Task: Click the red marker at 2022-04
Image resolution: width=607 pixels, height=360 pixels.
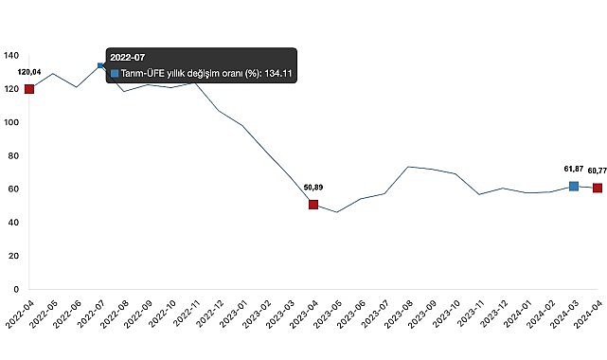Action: pyautogui.click(x=29, y=89)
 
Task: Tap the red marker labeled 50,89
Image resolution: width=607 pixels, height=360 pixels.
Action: pyautogui.click(x=313, y=205)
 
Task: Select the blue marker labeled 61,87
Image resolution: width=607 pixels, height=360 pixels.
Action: pyautogui.click(x=574, y=187)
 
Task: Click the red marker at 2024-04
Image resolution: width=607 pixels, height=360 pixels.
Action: pyautogui.click(x=598, y=188)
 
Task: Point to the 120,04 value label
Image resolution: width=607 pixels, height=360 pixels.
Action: pyautogui.click(x=29, y=72)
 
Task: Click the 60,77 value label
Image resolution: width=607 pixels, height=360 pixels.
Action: pyautogui.click(x=597, y=171)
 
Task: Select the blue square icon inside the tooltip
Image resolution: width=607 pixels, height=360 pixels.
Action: pyautogui.click(x=115, y=73)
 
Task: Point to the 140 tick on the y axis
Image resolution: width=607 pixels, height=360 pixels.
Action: pyautogui.click(x=11, y=56)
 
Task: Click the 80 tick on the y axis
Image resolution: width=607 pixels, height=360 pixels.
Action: pyautogui.click(x=13, y=155)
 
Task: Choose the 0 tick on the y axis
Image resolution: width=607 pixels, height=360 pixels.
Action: pyautogui.click(x=16, y=289)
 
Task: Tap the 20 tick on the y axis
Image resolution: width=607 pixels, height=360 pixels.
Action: pyautogui.click(x=13, y=256)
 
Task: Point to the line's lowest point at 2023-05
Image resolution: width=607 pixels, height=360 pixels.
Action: pyautogui.click(x=337, y=212)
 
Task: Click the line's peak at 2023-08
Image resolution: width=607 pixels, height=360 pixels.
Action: pyautogui.click(x=408, y=167)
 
